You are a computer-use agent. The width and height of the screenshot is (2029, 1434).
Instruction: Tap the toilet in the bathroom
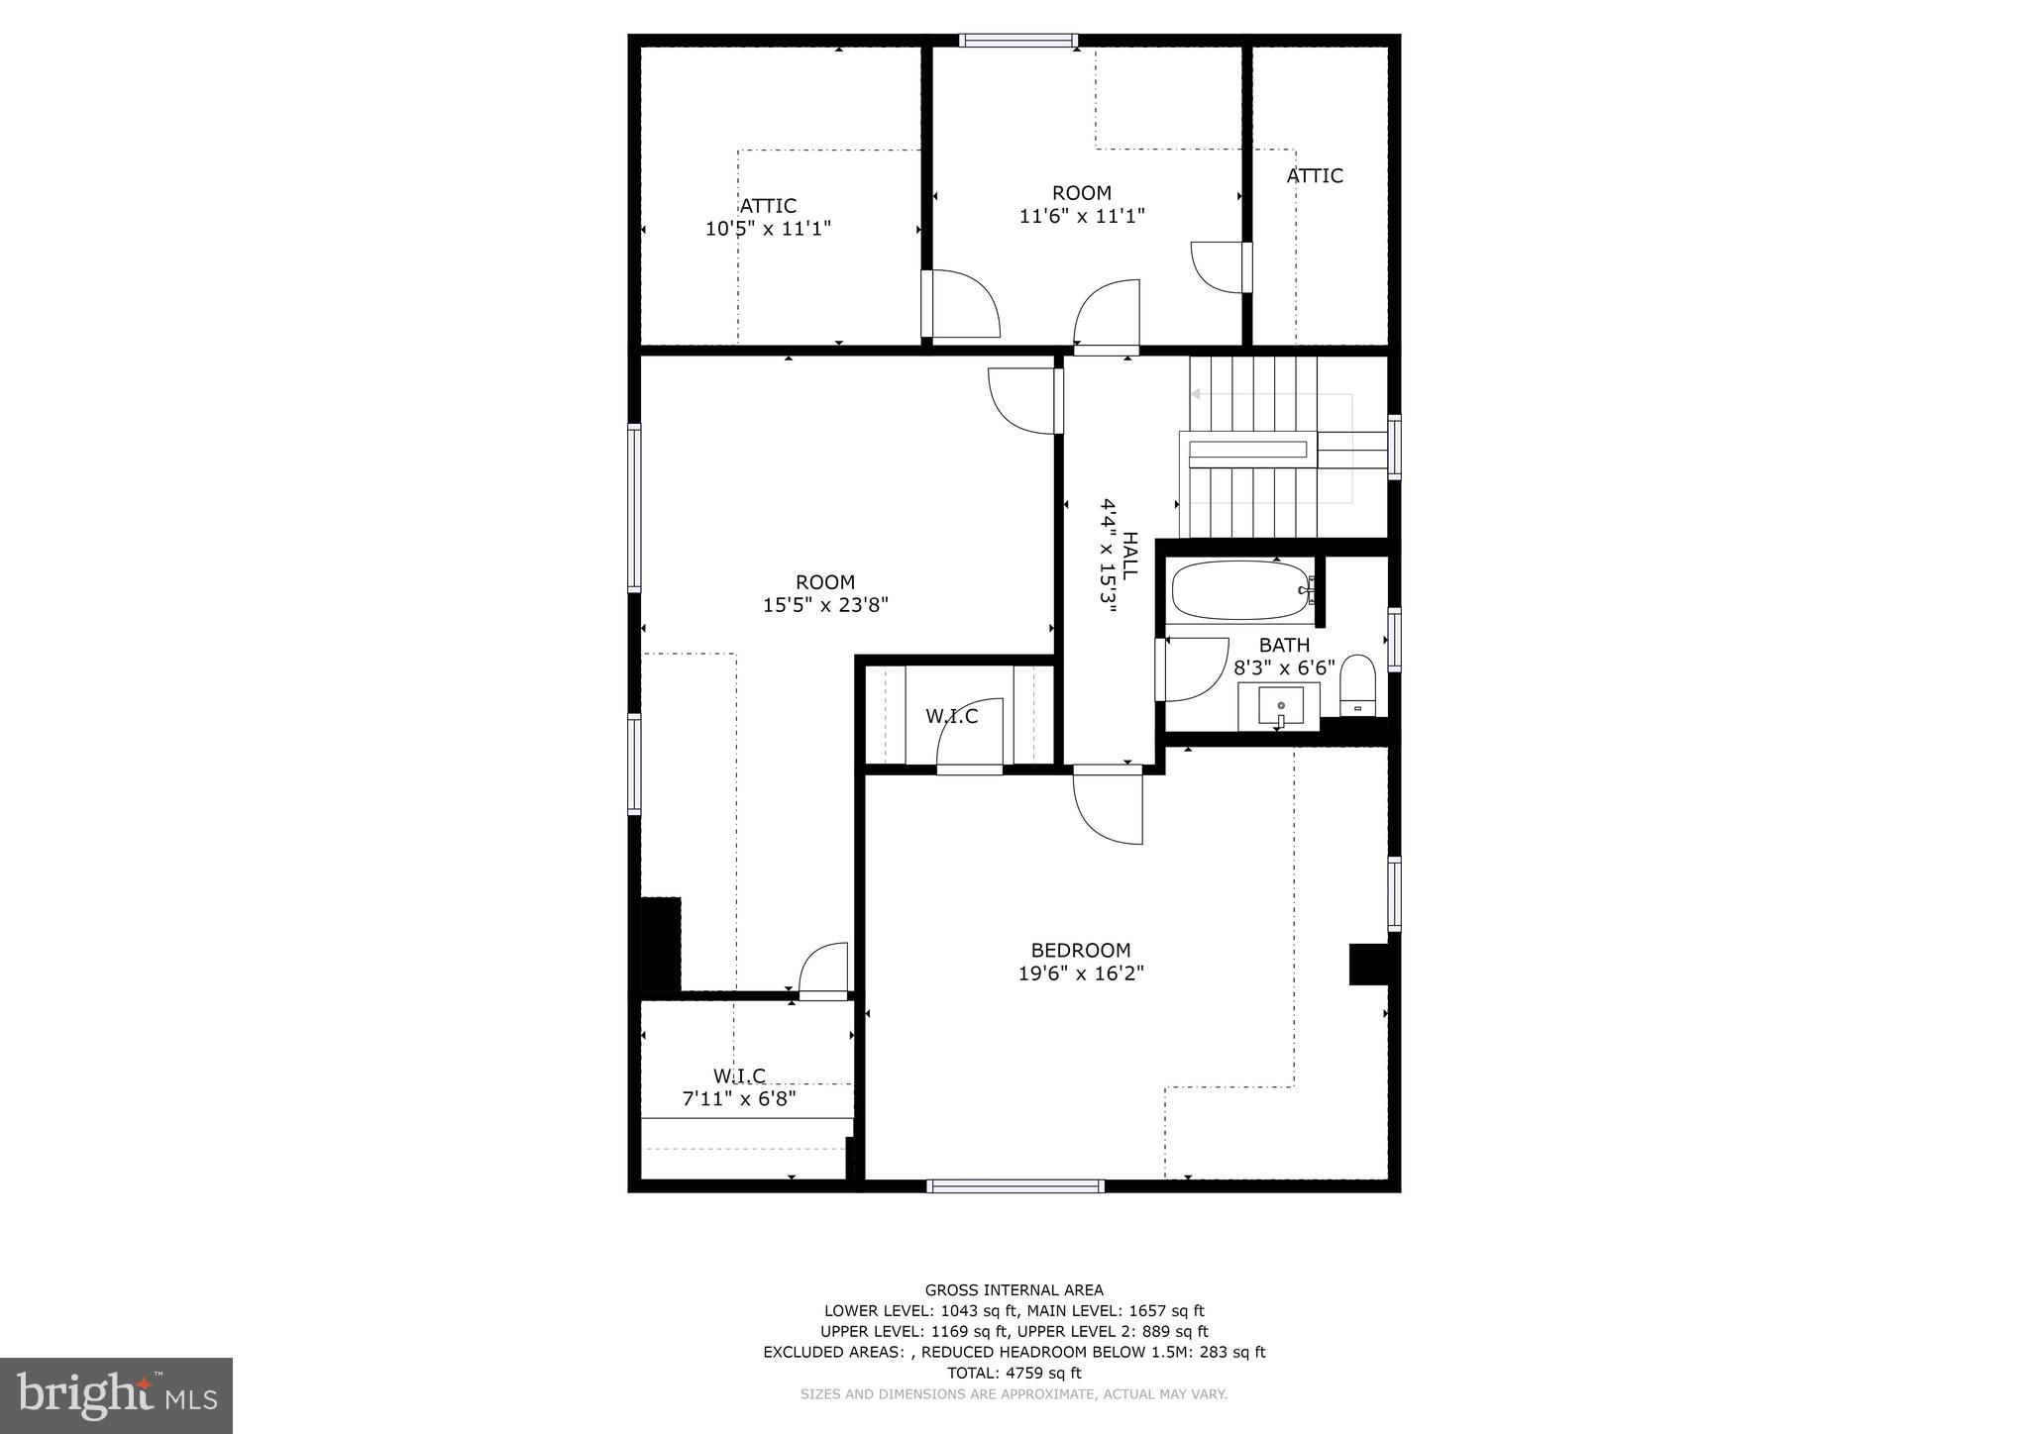pos(1358,683)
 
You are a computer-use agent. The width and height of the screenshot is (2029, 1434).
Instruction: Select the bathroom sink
pos(1281,707)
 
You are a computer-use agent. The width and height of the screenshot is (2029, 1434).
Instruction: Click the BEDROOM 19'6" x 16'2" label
pos(1081,962)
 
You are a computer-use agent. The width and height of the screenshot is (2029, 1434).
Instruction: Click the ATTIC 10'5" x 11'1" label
pos(768,217)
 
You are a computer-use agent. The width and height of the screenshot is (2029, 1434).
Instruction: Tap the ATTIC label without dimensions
pos(1315,176)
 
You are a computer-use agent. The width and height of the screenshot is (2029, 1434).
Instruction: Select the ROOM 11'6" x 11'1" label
pos(1082,204)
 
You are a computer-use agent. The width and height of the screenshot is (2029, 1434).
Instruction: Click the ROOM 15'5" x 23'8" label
pos(825,593)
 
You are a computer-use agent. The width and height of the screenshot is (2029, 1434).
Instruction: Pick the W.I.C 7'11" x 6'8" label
pos(739,1086)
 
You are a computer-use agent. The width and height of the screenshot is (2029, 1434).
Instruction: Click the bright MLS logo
pos(116,1395)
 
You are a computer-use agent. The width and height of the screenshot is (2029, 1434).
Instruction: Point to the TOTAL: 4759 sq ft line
pos(1014,1373)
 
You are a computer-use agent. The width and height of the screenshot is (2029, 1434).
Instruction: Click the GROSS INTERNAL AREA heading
pos(1014,1289)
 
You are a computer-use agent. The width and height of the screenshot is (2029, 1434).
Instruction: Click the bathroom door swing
pos(1194,668)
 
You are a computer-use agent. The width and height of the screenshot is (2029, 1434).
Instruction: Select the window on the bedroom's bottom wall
pos(1015,1185)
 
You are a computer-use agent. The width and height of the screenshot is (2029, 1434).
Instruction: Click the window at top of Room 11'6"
pos(1017,41)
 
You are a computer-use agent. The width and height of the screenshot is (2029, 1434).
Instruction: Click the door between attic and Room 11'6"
pos(959,304)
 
